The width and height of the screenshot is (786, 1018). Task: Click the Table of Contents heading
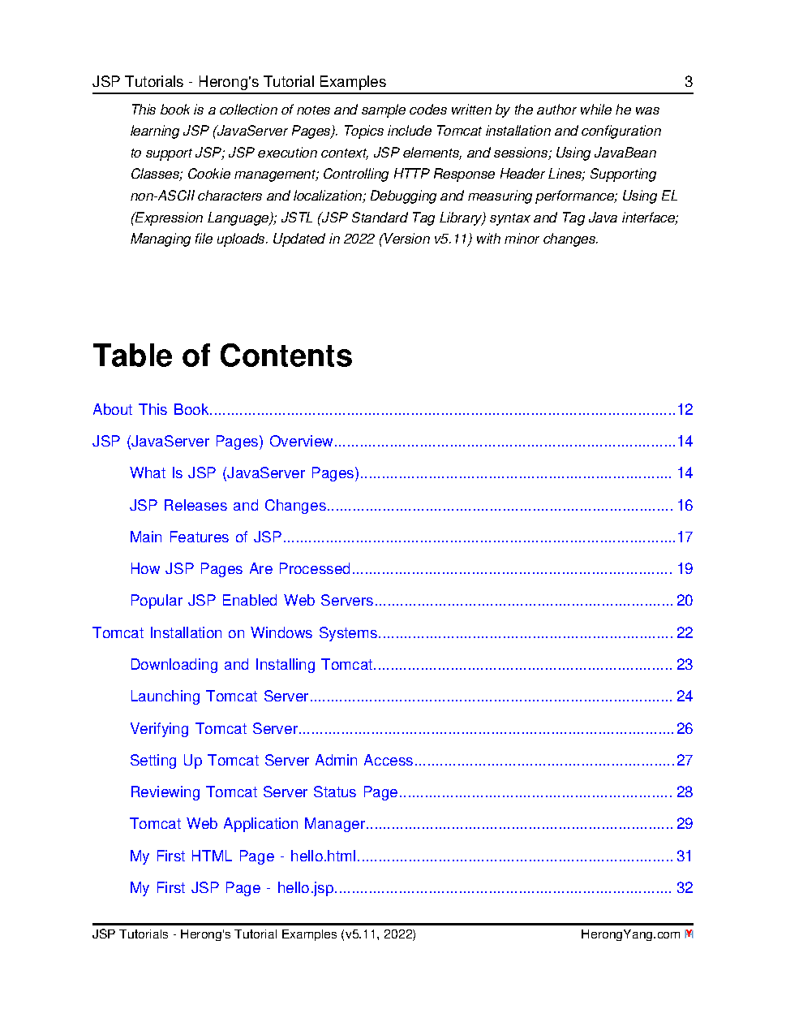tap(222, 356)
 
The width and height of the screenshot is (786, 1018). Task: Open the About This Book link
tap(151, 410)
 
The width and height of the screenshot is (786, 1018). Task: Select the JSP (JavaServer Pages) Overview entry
tap(213, 442)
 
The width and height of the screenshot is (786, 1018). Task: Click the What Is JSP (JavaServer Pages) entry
tap(244, 473)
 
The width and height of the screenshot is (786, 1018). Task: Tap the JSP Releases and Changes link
tap(228, 506)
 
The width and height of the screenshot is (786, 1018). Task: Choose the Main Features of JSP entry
tap(206, 537)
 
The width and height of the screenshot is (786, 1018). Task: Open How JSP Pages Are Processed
tap(240, 569)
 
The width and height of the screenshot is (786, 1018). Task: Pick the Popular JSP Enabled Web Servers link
tap(251, 601)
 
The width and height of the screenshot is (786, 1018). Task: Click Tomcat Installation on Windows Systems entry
tap(235, 633)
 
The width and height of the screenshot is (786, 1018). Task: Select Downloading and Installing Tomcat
tap(251, 665)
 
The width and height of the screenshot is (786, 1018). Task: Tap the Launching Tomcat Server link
tap(219, 697)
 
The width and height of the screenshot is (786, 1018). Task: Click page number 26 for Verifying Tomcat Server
tap(685, 729)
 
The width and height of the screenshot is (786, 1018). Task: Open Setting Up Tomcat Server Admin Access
tap(272, 761)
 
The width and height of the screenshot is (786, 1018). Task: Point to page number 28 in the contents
tap(685, 792)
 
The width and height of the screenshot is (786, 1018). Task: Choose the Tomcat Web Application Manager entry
tap(247, 824)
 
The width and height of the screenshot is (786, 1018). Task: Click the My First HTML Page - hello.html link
tap(243, 856)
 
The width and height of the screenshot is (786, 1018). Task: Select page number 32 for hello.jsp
tap(685, 888)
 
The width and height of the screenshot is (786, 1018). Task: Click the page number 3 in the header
tap(689, 82)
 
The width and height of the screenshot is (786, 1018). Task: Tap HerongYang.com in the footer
tap(629, 934)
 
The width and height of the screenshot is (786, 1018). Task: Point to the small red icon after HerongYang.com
tap(689, 934)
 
